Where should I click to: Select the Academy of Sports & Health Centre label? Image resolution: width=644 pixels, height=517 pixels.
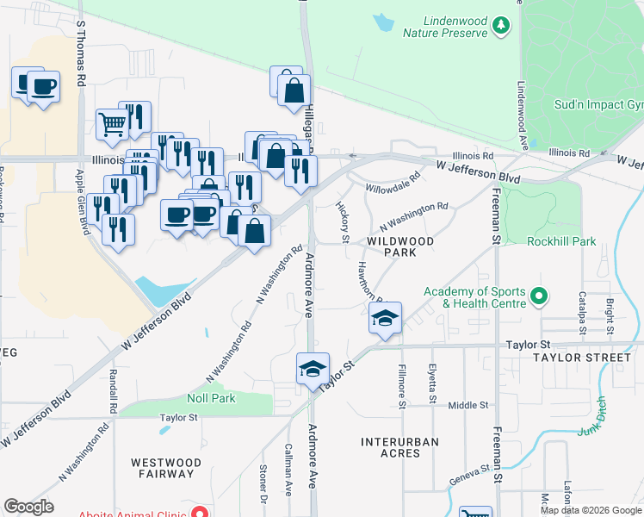tap(474, 297)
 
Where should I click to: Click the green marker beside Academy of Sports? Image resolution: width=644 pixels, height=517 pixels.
tap(539, 298)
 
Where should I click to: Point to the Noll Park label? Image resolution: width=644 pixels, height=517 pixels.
tap(211, 399)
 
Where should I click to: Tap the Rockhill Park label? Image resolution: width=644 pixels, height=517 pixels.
tap(563, 242)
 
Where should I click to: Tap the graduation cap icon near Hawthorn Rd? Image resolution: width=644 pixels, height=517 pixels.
tap(385, 318)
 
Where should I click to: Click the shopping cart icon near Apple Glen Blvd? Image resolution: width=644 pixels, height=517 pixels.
tap(113, 125)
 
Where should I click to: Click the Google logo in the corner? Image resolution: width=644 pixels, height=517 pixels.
tap(28, 507)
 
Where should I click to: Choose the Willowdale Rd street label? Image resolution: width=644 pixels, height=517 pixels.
tap(392, 182)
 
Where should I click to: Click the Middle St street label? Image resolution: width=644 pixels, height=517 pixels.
tap(468, 404)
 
